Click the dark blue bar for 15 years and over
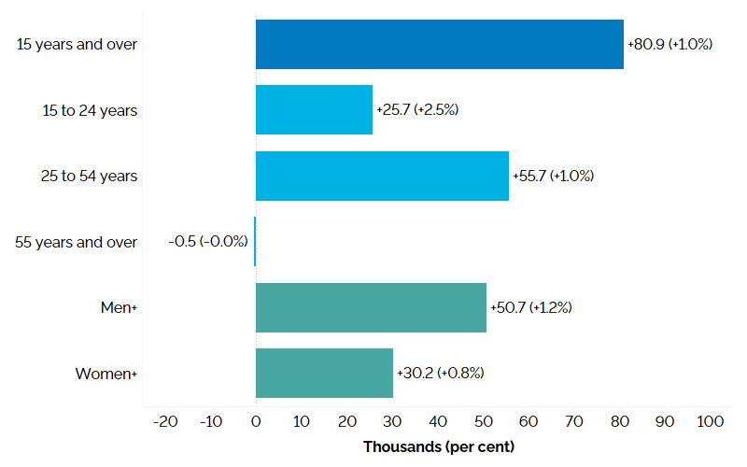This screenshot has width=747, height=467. (439, 44)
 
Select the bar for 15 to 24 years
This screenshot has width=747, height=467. (314, 109)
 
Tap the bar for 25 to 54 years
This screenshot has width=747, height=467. (382, 176)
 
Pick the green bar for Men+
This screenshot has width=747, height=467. (371, 307)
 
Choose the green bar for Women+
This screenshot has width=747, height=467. (324, 373)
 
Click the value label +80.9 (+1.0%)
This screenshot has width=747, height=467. (669, 44)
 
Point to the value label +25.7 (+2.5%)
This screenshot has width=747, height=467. (417, 109)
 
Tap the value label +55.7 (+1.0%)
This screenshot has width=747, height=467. (553, 176)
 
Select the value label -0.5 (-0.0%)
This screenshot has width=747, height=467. (208, 242)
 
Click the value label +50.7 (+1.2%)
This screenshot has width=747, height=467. (530, 307)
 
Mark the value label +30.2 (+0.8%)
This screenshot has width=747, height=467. (440, 373)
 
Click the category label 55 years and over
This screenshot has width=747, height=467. (77, 242)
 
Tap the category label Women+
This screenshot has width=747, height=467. (106, 374)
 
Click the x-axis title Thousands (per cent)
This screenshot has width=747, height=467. (438, 446)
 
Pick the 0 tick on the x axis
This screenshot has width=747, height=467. (256, 422)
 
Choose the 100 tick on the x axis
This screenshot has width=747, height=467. (710, 422)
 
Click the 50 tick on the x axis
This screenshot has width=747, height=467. (483, 422)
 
